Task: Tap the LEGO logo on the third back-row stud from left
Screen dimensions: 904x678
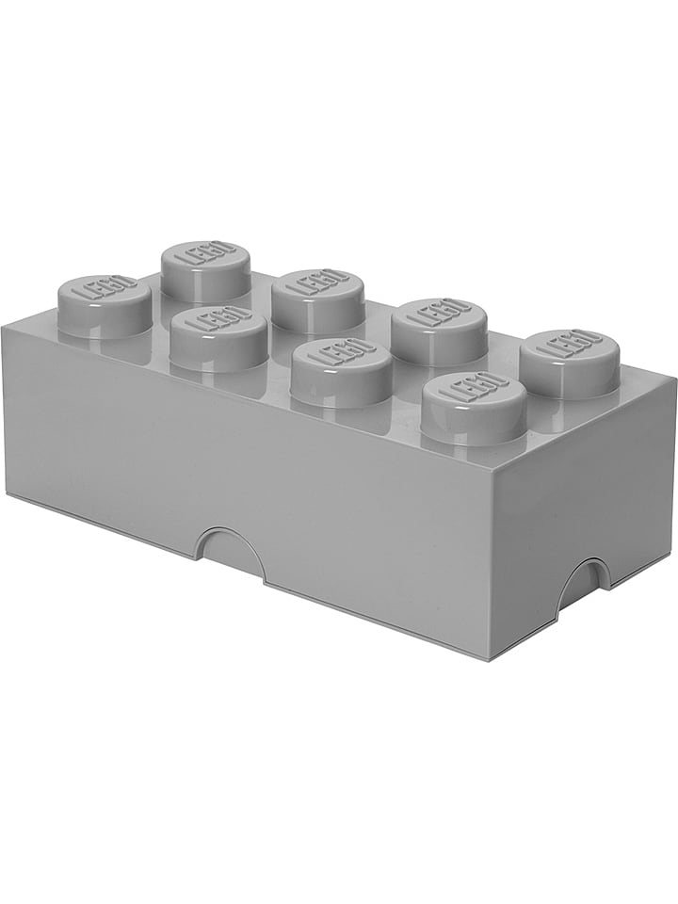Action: point(439,312)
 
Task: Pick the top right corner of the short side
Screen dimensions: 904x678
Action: point(675,379)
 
